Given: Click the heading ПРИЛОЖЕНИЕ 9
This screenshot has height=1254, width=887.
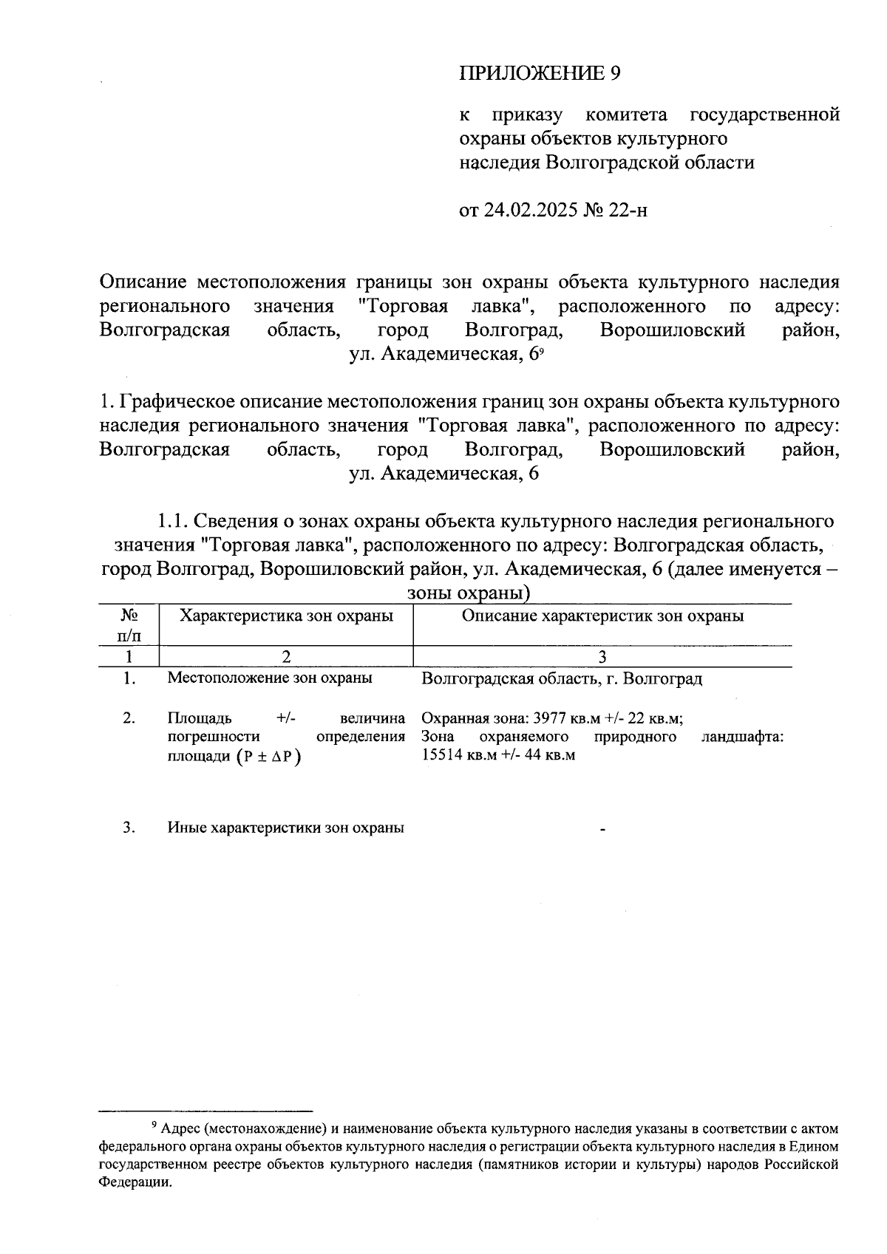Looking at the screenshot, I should pyautogui.click(x=539, y=73).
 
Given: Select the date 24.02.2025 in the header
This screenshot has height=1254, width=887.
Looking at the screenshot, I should pyautogui.click(x=530, y=211).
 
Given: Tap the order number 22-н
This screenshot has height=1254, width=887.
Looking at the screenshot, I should pyautogui.click(x=628, y=211).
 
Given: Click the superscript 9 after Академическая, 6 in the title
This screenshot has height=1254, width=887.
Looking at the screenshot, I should pyautogui.click(x=541, y=352).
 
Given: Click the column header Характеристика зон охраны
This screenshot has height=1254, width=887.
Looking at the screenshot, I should pyautogui.click(x=287, y=616).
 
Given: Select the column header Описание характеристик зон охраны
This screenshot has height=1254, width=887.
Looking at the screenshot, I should pyautogui.click(x=602, y=616).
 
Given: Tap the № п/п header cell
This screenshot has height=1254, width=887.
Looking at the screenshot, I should pyautogui.click(x=130, y=624).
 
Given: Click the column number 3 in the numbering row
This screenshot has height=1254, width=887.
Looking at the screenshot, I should pyautogui.click(x=602, y=656).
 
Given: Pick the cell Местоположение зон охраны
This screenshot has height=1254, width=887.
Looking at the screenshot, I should pyautogui.click(x=270, y=678).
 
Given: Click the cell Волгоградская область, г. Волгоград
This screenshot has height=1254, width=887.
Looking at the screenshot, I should pyautogui.click(x=562, y=678).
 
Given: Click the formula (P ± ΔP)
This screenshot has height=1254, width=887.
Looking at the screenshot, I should pyautogui.click(x=269, y=757).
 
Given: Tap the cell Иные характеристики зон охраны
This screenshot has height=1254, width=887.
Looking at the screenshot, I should pyautogui.click(x=285, y=828).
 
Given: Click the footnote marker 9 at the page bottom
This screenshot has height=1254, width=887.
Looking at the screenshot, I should pyautogui.click(x=154, y=1125).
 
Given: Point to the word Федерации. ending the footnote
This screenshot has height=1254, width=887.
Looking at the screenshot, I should pyautogui.click(x=135, y=1182).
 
